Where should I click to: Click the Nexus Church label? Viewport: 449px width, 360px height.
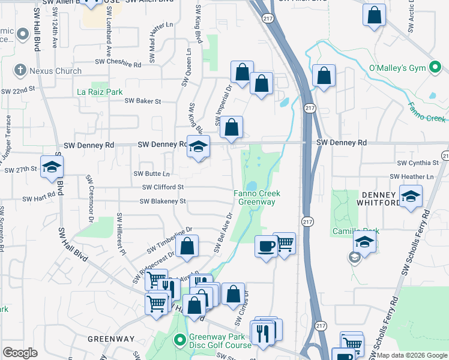tap(56, 71)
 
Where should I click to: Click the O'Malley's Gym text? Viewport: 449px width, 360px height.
tap(397, 68)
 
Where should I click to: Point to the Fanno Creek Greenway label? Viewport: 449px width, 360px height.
tap(258, 197)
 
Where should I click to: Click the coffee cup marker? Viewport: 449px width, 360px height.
tap(265, 245)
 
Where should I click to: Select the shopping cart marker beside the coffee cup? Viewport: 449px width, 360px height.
tap(285, 243)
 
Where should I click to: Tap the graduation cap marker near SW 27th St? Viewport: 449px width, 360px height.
tap(52, 167)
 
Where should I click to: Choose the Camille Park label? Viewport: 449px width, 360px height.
tap(348, 231)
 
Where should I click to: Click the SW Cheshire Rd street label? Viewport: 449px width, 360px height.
tap(118, 62)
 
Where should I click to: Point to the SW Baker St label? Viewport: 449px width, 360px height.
tap(143, 101)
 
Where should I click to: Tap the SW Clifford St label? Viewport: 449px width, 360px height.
tap(163, 187)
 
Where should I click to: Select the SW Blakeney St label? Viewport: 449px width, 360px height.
tap(163, 201)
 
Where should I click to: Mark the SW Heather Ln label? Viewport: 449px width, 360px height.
tap(411, 176)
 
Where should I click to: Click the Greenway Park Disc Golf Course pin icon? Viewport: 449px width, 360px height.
tap(179, 340)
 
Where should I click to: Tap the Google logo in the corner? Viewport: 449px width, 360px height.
tap(20, 353)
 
